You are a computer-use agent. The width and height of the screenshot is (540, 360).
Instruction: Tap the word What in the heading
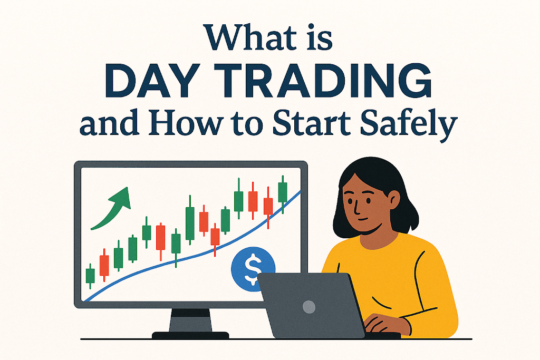pos(249,37)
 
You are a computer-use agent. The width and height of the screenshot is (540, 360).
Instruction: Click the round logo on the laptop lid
pos(309,306)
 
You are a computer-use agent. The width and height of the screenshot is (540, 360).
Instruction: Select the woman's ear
pos(393,200)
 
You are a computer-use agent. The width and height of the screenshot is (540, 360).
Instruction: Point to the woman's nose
pos(356,207)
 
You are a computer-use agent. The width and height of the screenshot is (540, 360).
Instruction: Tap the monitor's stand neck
pos(190,320)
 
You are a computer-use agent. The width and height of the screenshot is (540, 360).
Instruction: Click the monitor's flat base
pos(190,335)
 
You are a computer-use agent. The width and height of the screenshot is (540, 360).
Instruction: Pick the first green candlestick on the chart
pos(90,276)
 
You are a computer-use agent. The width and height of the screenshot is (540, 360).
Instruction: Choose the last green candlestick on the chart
pos(283,194)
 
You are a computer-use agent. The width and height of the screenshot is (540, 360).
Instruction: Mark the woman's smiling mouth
pos(362,219)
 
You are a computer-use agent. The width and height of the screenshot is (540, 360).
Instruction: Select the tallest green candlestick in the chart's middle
pos(190,220)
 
